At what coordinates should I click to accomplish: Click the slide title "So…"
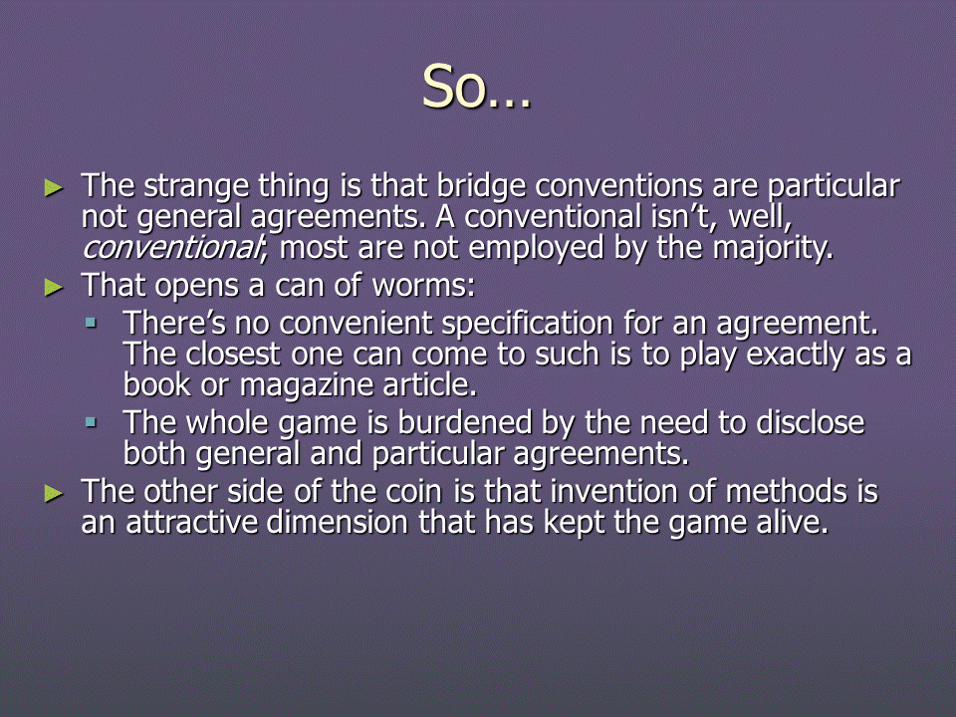coord(476,88)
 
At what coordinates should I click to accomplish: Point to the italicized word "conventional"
coord(171,248)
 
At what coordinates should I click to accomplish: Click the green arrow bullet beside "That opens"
coord(54,287)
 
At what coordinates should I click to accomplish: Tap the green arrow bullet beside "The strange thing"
coord(54,188)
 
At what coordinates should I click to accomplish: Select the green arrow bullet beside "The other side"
coord(54,493)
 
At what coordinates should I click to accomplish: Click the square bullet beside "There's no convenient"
coord(91,323)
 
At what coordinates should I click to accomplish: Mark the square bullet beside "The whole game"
coord(91,422)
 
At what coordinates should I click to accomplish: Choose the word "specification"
coord(527,324)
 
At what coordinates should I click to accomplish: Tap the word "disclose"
coord(810,422)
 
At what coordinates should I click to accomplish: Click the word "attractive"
coord(191,523)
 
